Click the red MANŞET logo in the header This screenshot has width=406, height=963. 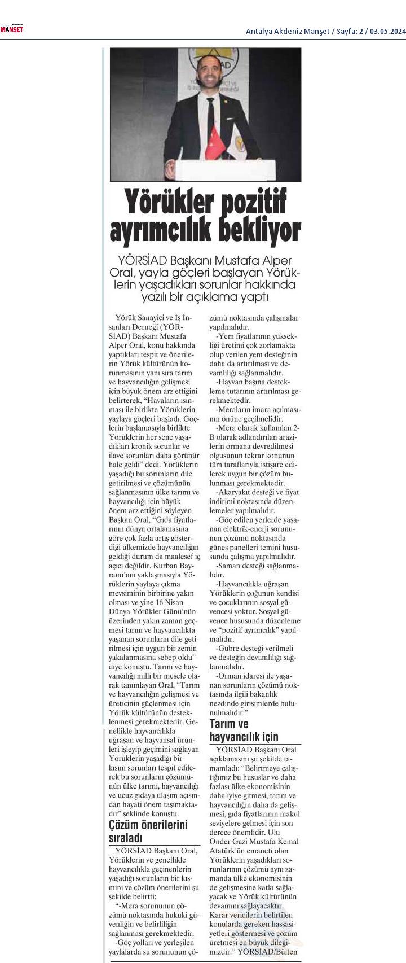point(11,29)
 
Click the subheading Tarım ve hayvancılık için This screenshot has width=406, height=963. point(244,730)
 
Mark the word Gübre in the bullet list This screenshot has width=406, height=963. point(228,649)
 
